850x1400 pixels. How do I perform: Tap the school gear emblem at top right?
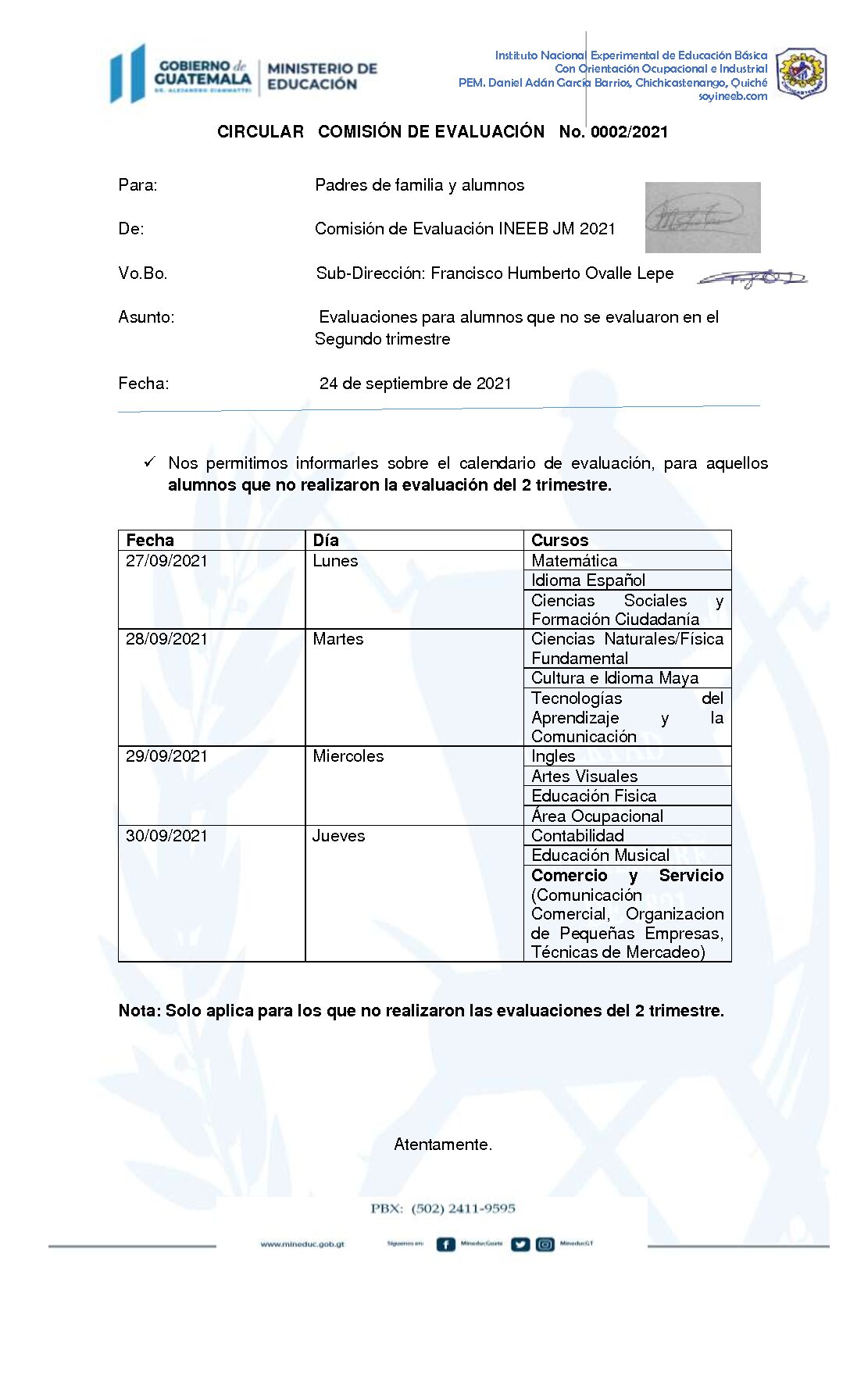(x=802, y=73)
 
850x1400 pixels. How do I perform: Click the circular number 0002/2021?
(x=629, y=132)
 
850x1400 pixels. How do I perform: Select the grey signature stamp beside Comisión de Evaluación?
(x=702, y=217)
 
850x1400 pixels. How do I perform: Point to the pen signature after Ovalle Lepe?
(x=752, y=278)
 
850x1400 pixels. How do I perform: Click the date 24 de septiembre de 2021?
(x=415, y=384)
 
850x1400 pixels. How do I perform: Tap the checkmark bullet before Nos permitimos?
(x=149, y=462)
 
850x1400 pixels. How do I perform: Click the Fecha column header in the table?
(x=150, y=540)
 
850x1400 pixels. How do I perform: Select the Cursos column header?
(x=559, y=540)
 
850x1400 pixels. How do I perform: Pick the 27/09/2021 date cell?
(x=166, y=561)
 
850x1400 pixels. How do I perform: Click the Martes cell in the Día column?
(x=337, y=639)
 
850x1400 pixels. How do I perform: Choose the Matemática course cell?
(x=574, y=561)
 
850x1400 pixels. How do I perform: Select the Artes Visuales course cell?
(x=584, y=777)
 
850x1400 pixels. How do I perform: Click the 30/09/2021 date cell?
(x=166, y=836)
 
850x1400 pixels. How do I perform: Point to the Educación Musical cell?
(x=600, y=855)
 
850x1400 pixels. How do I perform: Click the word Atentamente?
(x=443, y=1145)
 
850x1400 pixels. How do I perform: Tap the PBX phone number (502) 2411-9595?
(x=463, y=1209)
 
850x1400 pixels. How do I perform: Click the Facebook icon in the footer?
(x=445, y=1245)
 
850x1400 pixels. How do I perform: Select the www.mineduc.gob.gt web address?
(x=302, y=1245)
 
